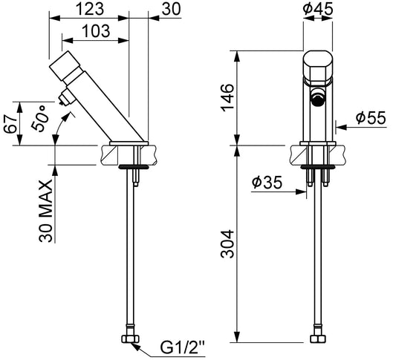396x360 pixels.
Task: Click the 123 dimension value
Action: pyautogui.click(x=90, y=9)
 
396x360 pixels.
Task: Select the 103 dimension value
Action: pyautogui.click(x=97, y=31)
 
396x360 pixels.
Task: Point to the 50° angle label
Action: pyautogui.click(x=40, y=118)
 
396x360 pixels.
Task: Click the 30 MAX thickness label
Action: pyautogui.click(x=46, y=211)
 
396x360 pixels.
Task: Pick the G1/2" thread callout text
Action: pyautogui.click(x=182, y=347)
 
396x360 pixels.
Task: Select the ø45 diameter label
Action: pyautogui.click(x=318, y=9)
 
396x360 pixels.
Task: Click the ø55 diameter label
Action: pyautogui.click(x=371, y=118)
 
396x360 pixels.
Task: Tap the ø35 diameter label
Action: pyautogui.click(x=267, y=182)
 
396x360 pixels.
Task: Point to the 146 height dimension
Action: pyautogui.click(x=227, y=97)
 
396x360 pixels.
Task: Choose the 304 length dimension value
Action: pyautogui.click(x=227, y=244)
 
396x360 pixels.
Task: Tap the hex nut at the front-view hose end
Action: pyautogui.click(x=318, y=338)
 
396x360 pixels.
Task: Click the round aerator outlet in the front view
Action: pyautogui.click(x=318, y=98)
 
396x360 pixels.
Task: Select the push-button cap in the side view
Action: pyautogui.click(x=65, y=65)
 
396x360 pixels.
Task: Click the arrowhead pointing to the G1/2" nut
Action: pyautogui.click(x=136, y=347)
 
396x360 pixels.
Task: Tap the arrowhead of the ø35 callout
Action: pyautogui.click(x=301, y=192)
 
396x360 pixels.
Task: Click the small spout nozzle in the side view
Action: pyautogui.click(x=63, y=99)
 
